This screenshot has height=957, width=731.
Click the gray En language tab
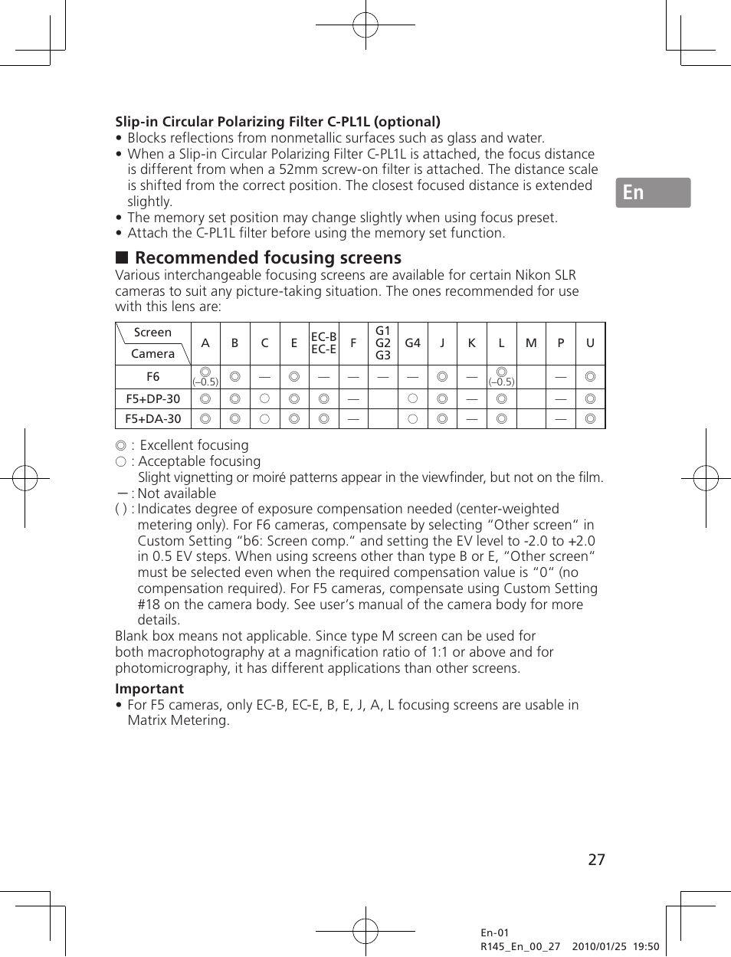click(653, 193)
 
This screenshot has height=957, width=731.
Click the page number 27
click(596, 860)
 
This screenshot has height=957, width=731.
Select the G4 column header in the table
click(412, 343)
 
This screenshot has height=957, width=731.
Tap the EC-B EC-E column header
click(323, 343)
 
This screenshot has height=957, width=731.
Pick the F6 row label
click(153, 377)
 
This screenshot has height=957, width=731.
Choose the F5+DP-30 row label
click(153, 398)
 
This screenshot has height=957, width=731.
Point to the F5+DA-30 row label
click(153, 419)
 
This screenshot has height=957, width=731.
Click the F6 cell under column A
click(205, 376)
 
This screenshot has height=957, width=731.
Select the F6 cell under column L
click(501, 376)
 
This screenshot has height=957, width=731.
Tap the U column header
click(590, 343)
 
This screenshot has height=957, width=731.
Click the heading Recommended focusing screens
click(267, 258)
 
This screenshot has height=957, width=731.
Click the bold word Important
click(149, 689)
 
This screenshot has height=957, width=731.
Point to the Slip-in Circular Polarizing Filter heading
click(277, 122)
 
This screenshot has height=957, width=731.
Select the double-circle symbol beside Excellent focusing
click(120, 446)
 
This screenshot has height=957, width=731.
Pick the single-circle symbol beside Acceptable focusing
click(120, 462)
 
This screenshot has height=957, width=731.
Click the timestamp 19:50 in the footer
click(645, 946)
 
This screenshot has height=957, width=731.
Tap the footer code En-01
click(494, 932)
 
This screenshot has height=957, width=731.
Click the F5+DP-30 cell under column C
click(264, 398)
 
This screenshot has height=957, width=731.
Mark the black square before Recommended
click(121, 258)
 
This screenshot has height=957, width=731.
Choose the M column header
click(531, 343)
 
